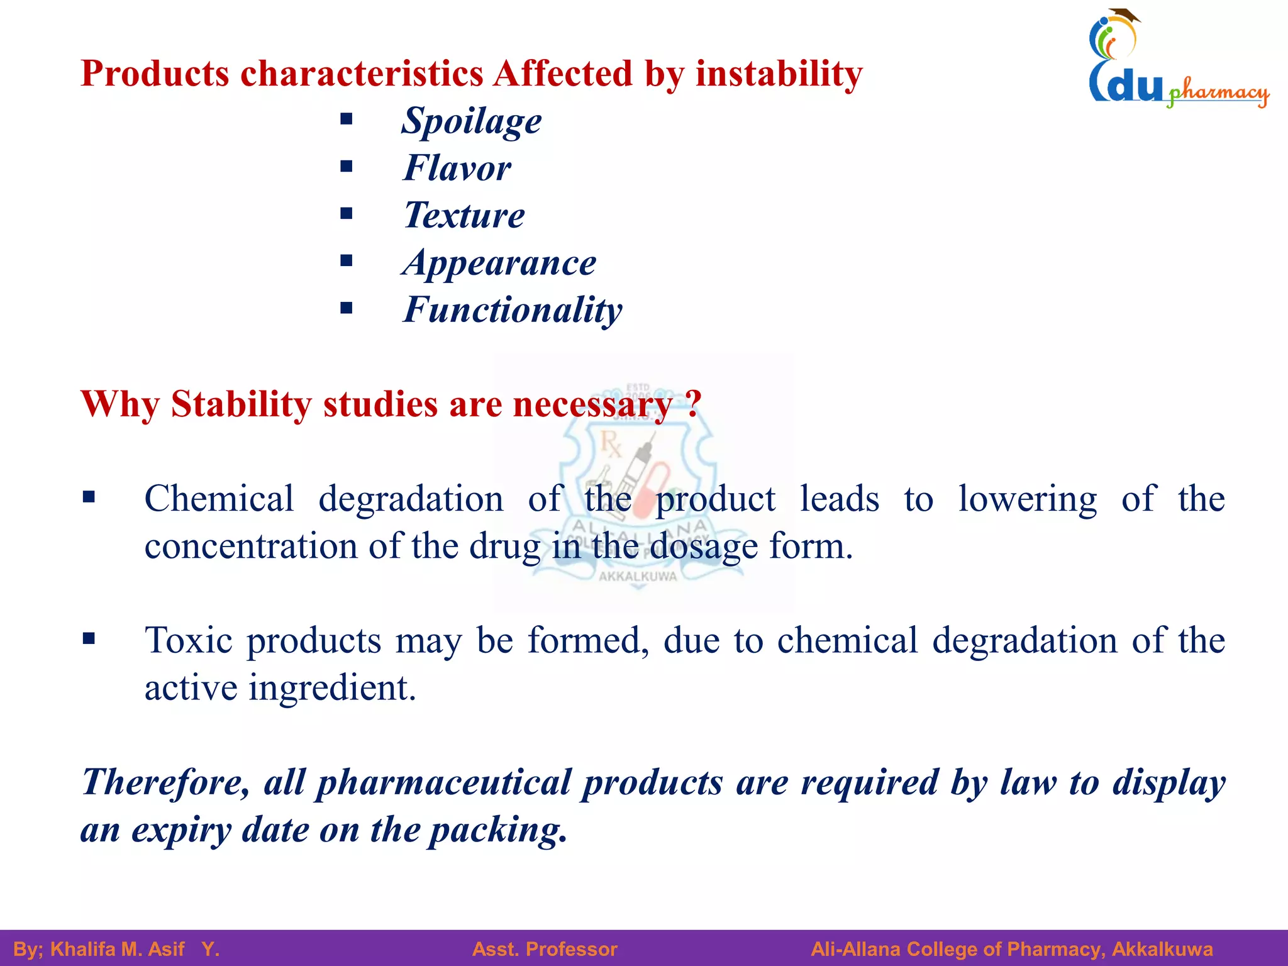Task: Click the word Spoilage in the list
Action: point(472,121)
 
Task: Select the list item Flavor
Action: point(457,168)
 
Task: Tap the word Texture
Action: point(464,215)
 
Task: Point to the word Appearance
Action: point(499,262)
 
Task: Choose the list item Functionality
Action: point(513,309)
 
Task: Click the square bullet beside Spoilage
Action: point(346,119)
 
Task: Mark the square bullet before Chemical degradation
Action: point(89,497)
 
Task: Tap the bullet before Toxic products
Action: point(89,639)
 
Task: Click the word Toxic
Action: point(189,640)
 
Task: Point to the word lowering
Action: point(1028,499)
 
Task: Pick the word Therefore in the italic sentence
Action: point(165,782)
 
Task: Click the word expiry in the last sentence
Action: point(181,830)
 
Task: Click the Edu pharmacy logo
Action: point(1176,60)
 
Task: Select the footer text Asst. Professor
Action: point(545,949)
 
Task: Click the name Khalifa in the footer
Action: point(80,949)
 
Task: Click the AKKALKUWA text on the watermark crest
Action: point(638,576)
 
